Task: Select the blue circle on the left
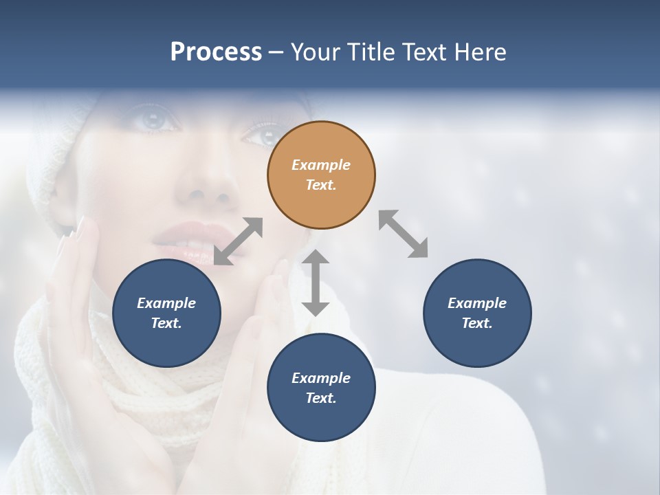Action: coord(166,313)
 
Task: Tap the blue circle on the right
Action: coord(477,313)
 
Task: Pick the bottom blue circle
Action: coord(321,388)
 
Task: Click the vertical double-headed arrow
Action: coord(316,283)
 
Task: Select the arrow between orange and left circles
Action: coord(238,241)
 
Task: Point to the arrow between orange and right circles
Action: coord(403,234)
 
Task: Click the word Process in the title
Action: coord(216,52)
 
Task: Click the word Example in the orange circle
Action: coord(321,165)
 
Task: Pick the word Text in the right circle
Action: coord(477,323)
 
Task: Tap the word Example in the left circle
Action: coord(166,303)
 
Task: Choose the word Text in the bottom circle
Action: coord(321,398)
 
